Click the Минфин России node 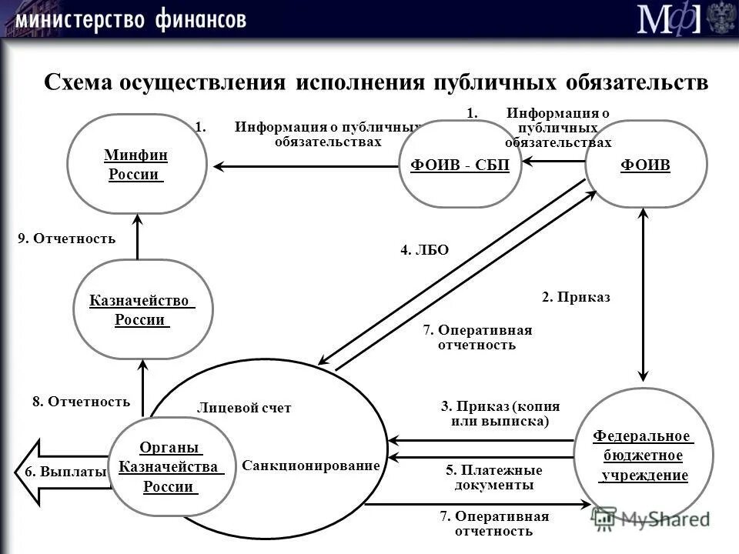click(x=137, y=164)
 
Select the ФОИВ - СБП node click(x=460, y=163)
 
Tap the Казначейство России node click(x=142, y=309)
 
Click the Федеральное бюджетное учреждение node click(x=644, y=456)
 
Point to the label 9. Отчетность click(x=67, y=239)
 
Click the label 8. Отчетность click(x=81, y=401)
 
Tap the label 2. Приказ click(x=576, y=298)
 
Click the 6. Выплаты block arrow click(x=58, y=472)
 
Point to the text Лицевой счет click(x=244, y=408)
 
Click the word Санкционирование click(x=311, y=466)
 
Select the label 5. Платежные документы click(x=493, y=478)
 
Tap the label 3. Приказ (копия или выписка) click(x=500, y=414)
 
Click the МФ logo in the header click(x=668, y=18)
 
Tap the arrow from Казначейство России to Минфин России click(x=137, y=238)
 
